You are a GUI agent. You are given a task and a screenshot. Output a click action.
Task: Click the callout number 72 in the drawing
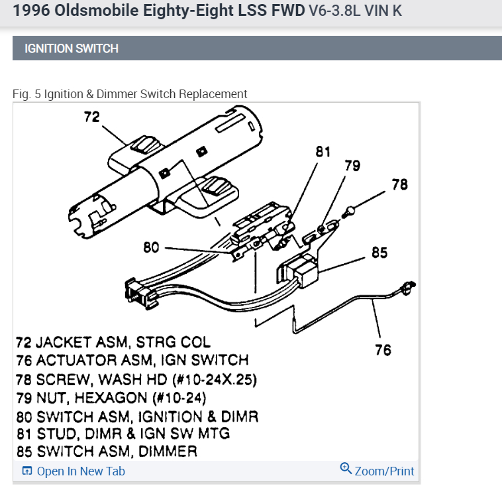pos(91,117)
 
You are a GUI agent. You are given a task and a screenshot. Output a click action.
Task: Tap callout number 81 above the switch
pos(323,152)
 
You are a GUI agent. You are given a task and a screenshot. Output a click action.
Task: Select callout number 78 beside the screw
pos(399,185)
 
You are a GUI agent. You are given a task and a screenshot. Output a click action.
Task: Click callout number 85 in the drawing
pos(379,252)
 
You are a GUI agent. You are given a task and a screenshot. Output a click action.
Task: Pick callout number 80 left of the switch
pos(151,248)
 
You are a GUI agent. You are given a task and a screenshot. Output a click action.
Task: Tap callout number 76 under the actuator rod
pos(383,349)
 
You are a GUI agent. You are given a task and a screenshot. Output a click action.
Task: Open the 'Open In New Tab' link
pos(81,471)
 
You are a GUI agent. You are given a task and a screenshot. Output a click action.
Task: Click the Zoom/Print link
pos(384,471)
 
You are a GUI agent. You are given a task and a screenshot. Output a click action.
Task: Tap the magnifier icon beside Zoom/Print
pos(345,469)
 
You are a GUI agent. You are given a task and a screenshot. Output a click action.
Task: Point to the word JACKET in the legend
pos(64,343)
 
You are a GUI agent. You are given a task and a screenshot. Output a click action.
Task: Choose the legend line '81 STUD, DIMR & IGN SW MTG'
pos(123,434)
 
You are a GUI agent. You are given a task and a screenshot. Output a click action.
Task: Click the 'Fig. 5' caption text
pos(26,94)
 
